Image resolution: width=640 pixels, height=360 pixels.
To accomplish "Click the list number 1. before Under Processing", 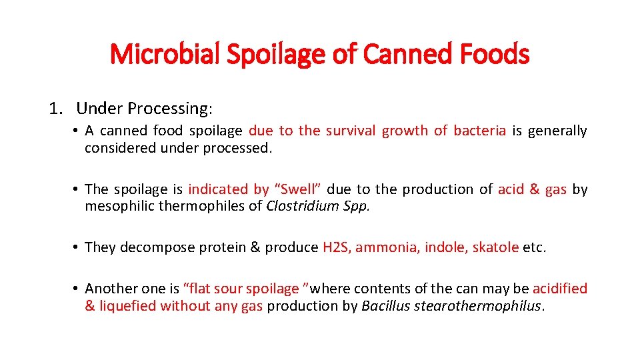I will [x=55, y=108].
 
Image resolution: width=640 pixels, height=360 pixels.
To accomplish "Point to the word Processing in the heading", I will [x=168, y=109].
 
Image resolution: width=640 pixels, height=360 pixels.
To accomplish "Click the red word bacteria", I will [x=479, y=131].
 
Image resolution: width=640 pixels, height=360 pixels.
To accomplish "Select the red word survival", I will [x=351, y=131].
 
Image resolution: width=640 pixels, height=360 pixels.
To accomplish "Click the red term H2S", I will [x=336, y=247].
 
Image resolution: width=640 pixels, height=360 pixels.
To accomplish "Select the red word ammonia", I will [x=382, y=247].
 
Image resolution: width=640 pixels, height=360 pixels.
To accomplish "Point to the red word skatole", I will [x=495, y=247].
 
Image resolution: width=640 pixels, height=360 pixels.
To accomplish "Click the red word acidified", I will [x=560, y=289].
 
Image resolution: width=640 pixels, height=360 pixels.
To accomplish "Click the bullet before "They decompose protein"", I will [x=78, y=247].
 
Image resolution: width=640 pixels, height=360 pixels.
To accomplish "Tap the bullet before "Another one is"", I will [x=78, y=289].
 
